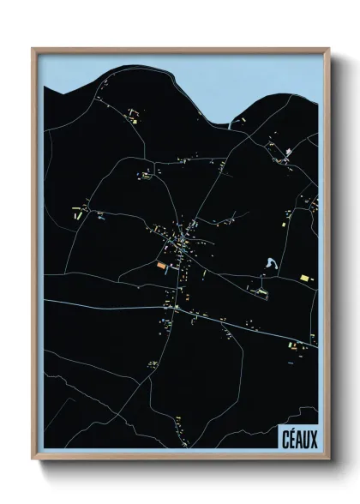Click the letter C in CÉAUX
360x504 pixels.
click(x=284, y=437)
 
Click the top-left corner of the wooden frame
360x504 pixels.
click(x=33, y=48)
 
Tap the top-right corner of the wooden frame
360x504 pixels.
click(x=327, y=48)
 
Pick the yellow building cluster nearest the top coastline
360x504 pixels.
click(x=135, y=112)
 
